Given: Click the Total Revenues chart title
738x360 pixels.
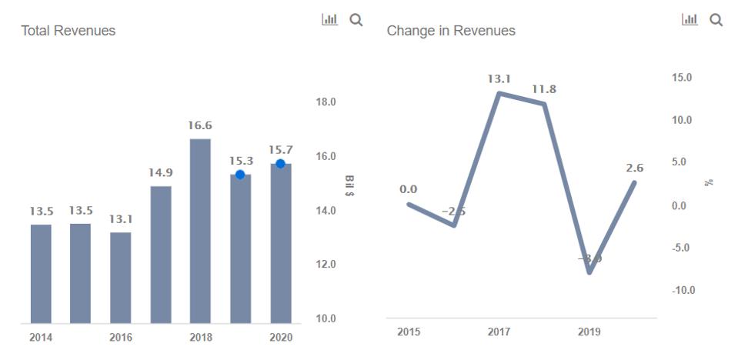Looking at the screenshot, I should [x=68, y=31].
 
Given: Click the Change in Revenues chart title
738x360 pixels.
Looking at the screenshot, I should [x=451, y=31].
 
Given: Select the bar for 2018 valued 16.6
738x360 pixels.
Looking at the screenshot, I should [x=200, y=231].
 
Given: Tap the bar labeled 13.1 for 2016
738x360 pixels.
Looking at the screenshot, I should [x=120, y=277].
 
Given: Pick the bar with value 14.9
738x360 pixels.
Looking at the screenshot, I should [x=160, y=254].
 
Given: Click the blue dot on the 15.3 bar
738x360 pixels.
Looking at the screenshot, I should [x=240, y=175].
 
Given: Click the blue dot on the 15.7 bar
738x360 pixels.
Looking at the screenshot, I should [x=280, y=164].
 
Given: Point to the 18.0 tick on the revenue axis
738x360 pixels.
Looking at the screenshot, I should [x=327, y=102].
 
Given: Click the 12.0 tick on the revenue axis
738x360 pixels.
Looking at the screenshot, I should [x=327, y=265].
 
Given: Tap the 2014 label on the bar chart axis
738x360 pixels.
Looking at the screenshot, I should [x=41, y=338].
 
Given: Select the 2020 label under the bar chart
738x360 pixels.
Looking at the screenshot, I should [x=280, y=338].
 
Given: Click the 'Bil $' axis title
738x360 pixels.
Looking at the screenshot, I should [x=350, y=185].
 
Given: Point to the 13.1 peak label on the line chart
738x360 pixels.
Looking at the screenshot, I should [x=499, y=78].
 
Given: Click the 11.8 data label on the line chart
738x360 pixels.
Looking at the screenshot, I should [x=544, y=89].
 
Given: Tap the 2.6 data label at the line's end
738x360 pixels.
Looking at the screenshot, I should [x=635, y=168].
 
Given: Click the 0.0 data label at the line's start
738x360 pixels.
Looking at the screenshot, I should [x=408, y=189].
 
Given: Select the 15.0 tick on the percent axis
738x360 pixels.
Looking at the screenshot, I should [x=682, y=78].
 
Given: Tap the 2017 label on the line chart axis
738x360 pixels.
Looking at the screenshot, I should [x=499, y=332].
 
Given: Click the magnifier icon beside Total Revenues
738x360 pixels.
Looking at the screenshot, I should [x=356, y=20].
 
